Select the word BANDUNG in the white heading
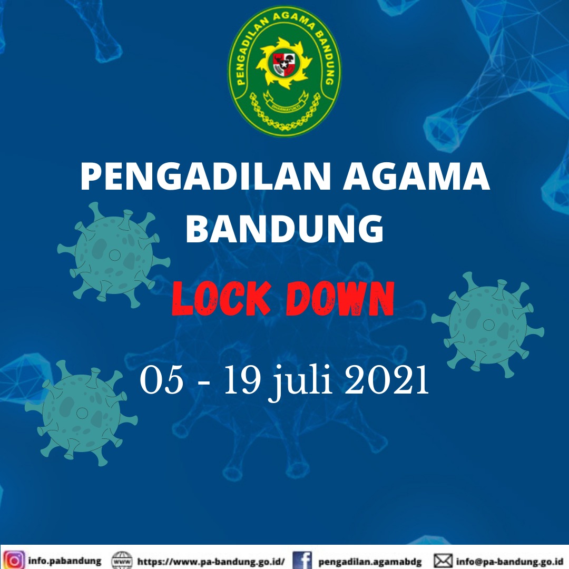(x=285, y=229)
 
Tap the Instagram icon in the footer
(x=14, y=560)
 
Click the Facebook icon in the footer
(x=302, y=561)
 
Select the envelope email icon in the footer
(x=443, y=561)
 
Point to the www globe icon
(x=122, y=561)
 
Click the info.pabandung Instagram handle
(x=65, y=561)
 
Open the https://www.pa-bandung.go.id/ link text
(x=211, y=562)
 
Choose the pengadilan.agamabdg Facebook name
(x=370, y=562)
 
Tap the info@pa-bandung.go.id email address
(x=512, y=562)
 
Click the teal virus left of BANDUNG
(x=114, y=255)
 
